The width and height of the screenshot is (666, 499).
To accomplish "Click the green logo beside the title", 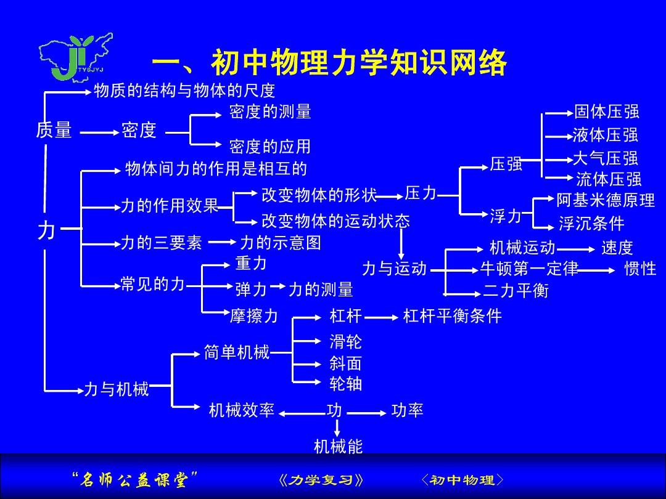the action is point(76,58).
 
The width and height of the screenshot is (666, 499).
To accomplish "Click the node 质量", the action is point(54,129).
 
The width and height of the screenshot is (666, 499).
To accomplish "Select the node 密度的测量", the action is point(270,112).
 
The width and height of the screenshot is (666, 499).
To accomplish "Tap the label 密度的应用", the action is point(270,147).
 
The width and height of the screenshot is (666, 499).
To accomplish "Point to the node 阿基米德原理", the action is point(606,200).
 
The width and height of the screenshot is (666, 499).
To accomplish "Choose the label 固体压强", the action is point(607,112).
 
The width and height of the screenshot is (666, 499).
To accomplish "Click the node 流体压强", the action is point(608,179).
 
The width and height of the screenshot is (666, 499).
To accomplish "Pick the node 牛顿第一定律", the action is point(529,268).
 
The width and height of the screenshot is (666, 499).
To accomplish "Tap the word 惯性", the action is point(640,269).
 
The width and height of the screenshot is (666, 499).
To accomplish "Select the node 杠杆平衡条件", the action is point(453,315).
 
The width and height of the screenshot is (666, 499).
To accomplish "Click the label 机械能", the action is point(338,446).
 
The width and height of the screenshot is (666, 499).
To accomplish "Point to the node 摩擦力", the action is point(253,315).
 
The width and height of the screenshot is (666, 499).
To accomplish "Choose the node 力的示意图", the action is point(281,243).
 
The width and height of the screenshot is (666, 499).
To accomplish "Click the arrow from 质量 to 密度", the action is point(99,133).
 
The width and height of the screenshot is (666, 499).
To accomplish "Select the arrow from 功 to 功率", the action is point(366,413).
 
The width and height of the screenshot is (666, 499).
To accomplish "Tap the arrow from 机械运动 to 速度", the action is point(575,249).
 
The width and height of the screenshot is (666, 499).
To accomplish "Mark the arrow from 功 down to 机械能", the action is point(337,428).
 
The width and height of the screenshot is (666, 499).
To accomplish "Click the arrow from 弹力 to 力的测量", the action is point(277,286).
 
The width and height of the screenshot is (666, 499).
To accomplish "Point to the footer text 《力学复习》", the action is point(321,480).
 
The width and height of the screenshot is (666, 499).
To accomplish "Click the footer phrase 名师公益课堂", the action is point(134,479).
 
